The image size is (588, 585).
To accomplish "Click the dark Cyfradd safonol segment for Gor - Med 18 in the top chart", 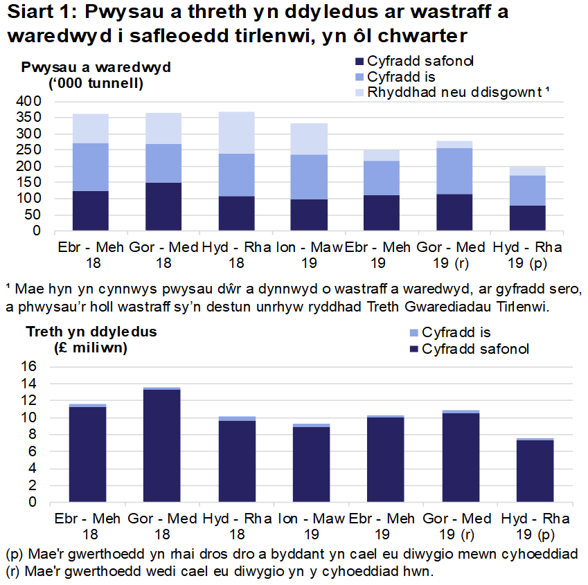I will [x=163, y=206].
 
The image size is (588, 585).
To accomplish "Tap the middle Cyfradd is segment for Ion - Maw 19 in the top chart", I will [x=309, y=177].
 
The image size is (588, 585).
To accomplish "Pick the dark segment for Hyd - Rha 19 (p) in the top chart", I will [x=528, y=217].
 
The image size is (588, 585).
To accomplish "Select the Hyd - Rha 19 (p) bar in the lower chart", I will [x=535, y=471].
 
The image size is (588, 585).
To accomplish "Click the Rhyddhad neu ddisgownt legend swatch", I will [x=359, y=92].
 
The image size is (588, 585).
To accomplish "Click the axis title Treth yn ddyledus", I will [x=91, y=332].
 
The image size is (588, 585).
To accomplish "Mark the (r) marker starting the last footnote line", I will [x=12, y=572].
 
